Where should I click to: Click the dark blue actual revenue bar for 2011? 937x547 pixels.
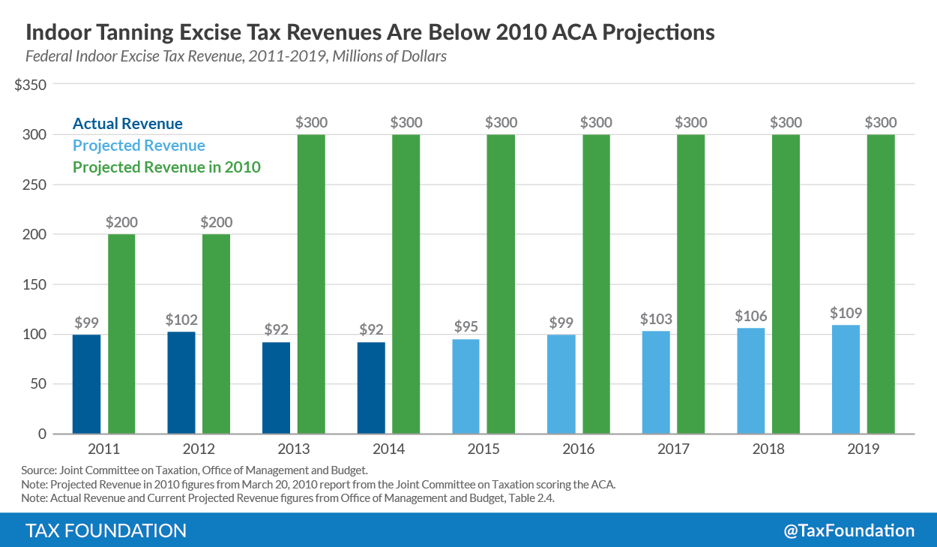86,384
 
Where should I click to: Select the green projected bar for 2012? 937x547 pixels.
216,334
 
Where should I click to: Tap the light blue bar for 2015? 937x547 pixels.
466,386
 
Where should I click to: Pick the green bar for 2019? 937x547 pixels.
881,284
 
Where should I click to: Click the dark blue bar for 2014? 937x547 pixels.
371,388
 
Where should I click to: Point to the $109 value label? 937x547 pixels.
846,312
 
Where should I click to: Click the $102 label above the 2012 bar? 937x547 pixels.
181,319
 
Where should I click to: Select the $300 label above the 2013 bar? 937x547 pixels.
311,122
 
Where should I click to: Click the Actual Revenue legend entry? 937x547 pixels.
127,124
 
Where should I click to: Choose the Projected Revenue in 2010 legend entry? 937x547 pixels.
166,167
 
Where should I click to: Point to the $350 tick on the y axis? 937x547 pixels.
31,85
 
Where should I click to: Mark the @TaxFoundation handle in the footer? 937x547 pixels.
849,530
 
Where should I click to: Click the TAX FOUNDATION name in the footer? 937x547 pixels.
106,530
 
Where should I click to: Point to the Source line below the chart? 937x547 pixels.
195,470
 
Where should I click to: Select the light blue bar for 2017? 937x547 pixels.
656,383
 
